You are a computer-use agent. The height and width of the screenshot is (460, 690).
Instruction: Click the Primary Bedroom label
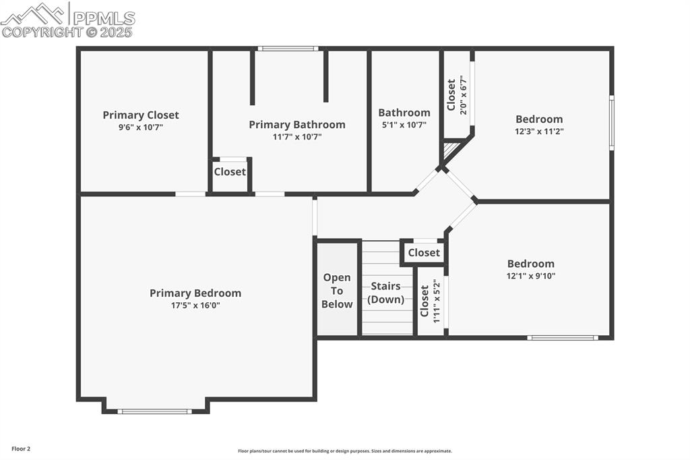point(195,293)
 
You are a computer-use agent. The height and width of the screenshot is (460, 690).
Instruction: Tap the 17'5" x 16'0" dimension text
point(195,305)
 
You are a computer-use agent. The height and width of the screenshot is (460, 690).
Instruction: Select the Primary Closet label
point(141,115)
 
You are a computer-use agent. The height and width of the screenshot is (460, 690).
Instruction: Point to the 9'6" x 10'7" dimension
point(141,127)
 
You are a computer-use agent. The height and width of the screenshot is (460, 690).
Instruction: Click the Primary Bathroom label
point(297,124)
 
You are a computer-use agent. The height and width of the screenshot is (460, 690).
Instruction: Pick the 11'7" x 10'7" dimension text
point(297,136)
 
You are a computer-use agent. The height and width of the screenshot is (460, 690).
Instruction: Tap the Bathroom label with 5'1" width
point(404,113)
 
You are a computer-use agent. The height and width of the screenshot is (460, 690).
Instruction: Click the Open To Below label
point(337,291)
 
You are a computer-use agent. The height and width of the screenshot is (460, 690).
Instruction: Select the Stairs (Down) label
point(386,293)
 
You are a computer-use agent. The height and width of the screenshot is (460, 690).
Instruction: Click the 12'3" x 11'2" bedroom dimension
point(539,132)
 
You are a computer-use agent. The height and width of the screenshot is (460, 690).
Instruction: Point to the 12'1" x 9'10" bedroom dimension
point(531,276)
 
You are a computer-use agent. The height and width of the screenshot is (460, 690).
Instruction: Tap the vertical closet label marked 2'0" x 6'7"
point(451,96)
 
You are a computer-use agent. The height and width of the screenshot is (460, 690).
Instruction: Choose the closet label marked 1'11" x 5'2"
point(425,301)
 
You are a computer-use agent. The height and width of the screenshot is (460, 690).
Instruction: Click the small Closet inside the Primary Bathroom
point(230,171)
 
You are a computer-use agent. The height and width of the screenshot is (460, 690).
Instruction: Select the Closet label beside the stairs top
point(424,252)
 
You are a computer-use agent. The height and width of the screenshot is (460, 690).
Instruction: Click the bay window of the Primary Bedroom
point(155,411)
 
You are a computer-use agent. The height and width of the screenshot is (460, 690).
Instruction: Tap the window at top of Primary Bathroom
point(288,49)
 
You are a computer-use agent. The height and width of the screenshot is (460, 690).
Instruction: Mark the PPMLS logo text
point(103,18)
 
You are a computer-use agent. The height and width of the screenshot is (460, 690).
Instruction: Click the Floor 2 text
point(21,449)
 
